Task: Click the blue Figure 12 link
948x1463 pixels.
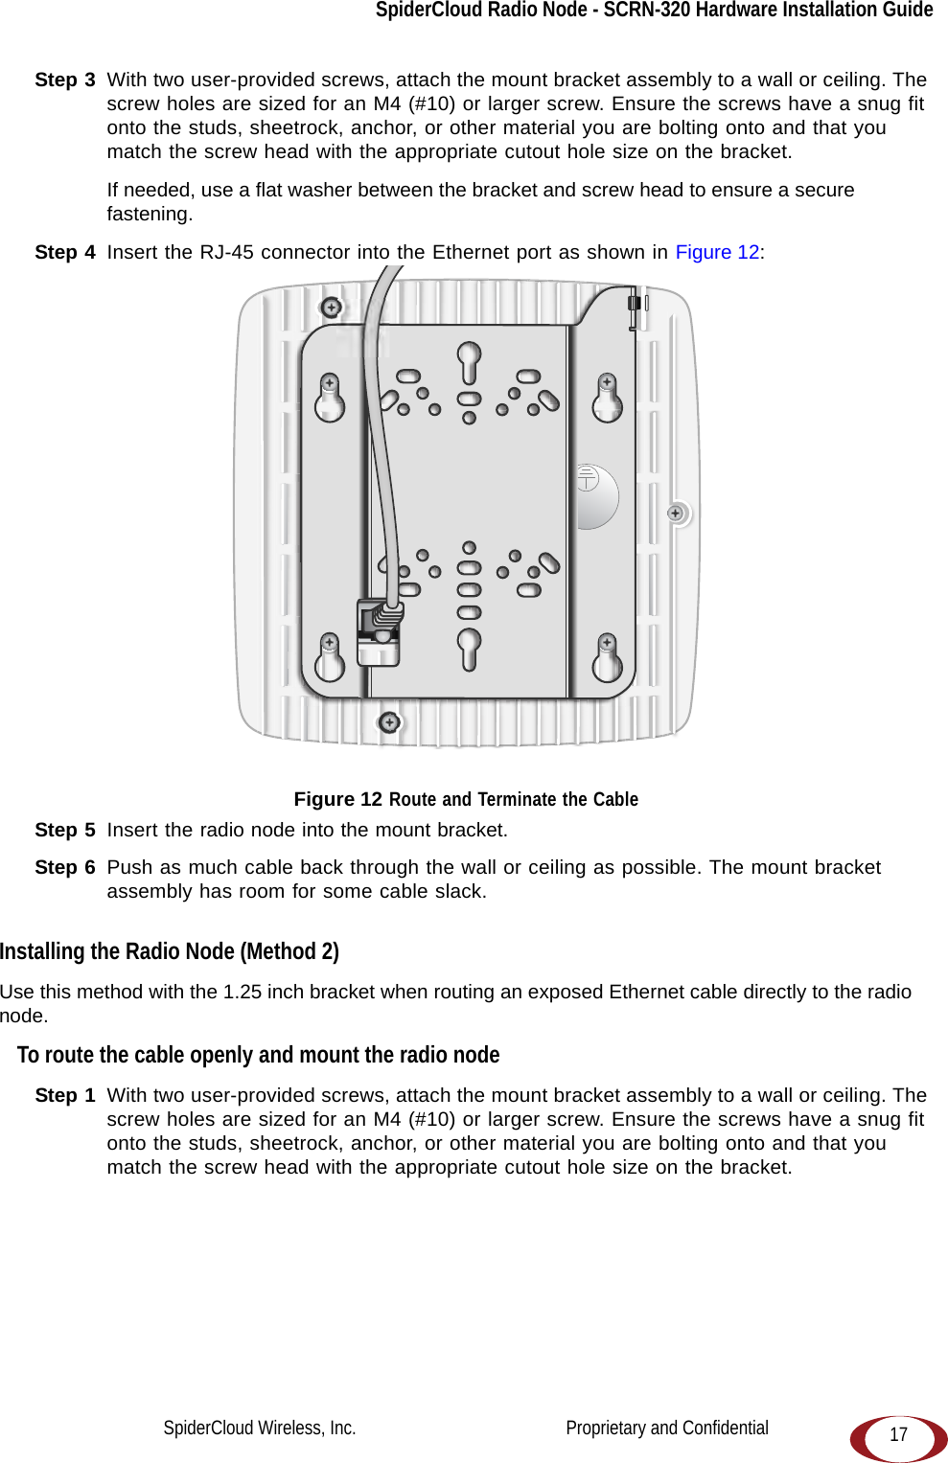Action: pos(717,252)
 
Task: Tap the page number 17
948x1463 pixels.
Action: pos(898,1434)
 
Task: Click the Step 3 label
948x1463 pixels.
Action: pos(65,80)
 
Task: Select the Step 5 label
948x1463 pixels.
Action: pos(65,830)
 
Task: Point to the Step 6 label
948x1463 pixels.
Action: pos(65,867)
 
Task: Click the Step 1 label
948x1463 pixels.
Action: pos(65,1095)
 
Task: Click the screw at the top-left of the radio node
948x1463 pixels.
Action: pos(331,308)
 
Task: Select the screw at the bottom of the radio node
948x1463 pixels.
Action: pos(389,721)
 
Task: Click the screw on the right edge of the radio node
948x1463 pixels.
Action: pos(676,514)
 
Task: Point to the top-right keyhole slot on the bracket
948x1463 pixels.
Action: pos(607,398)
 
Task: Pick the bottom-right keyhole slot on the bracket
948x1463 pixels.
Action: pos(607,657)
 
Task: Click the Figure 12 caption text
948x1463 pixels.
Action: pos(466,799)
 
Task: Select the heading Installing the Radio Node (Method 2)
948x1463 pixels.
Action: pos(170,951)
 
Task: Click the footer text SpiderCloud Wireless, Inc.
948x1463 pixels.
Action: pos(260,1428)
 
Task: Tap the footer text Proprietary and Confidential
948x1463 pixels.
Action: pos(667,1428)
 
